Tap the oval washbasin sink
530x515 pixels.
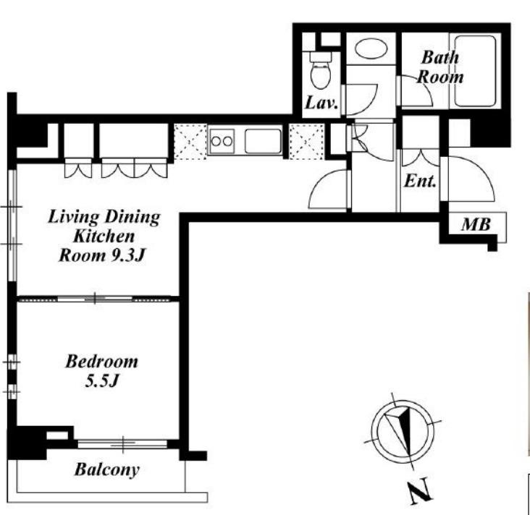pos(371,48)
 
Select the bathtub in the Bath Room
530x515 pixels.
pos(475,71)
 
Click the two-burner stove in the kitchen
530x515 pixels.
pos(222,141)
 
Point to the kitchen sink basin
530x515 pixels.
pos(263,141)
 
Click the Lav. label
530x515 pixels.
pos(321,103)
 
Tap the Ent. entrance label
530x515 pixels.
pos(420,181)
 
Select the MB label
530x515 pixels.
pos(476,224)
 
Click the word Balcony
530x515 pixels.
pos(107,469)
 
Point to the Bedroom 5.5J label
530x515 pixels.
pos(102,371)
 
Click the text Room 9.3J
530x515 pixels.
pos(102,255)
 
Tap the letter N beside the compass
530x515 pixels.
pos(420,491)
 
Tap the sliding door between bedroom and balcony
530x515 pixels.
pos(122,443)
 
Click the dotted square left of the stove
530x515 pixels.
pos(190,142)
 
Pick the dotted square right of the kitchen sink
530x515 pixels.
pos(306,142)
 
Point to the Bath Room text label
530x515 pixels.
pos(439,67)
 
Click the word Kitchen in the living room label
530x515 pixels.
pos(104,236)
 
